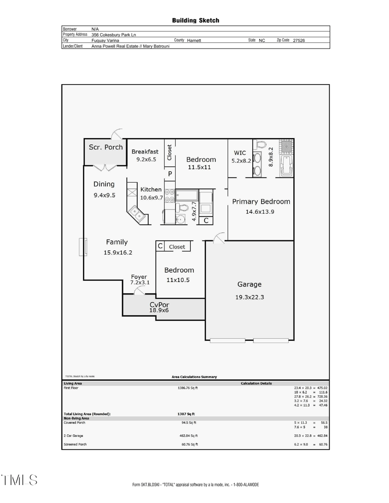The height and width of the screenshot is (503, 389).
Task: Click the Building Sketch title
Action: pos(195,20)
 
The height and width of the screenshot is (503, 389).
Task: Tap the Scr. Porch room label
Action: pos(106,147)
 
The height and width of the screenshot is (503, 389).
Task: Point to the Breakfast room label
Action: pos(145,152)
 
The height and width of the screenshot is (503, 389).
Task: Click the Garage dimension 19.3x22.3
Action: pos(249,298)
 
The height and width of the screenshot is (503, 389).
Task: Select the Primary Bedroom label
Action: pos(261,202)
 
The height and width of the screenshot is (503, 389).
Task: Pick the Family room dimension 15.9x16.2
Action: pos(118,252)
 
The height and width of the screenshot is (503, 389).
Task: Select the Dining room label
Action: pos(104,184)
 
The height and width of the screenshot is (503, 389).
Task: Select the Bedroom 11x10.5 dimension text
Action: pos(179,280)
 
